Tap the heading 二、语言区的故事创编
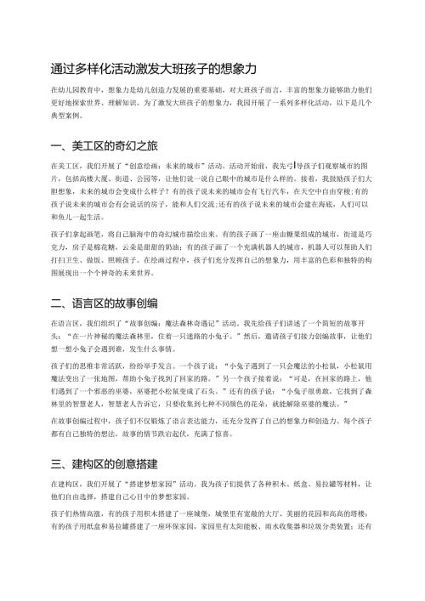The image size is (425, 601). click(111, 326)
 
